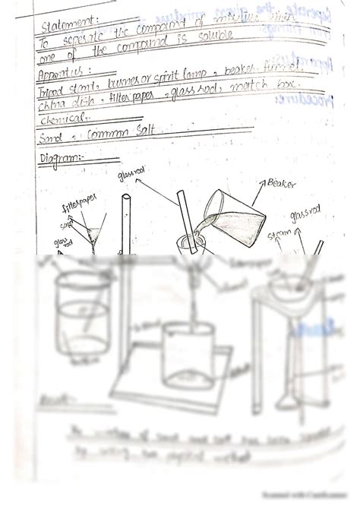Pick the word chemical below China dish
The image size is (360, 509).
[x=63, y=120]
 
